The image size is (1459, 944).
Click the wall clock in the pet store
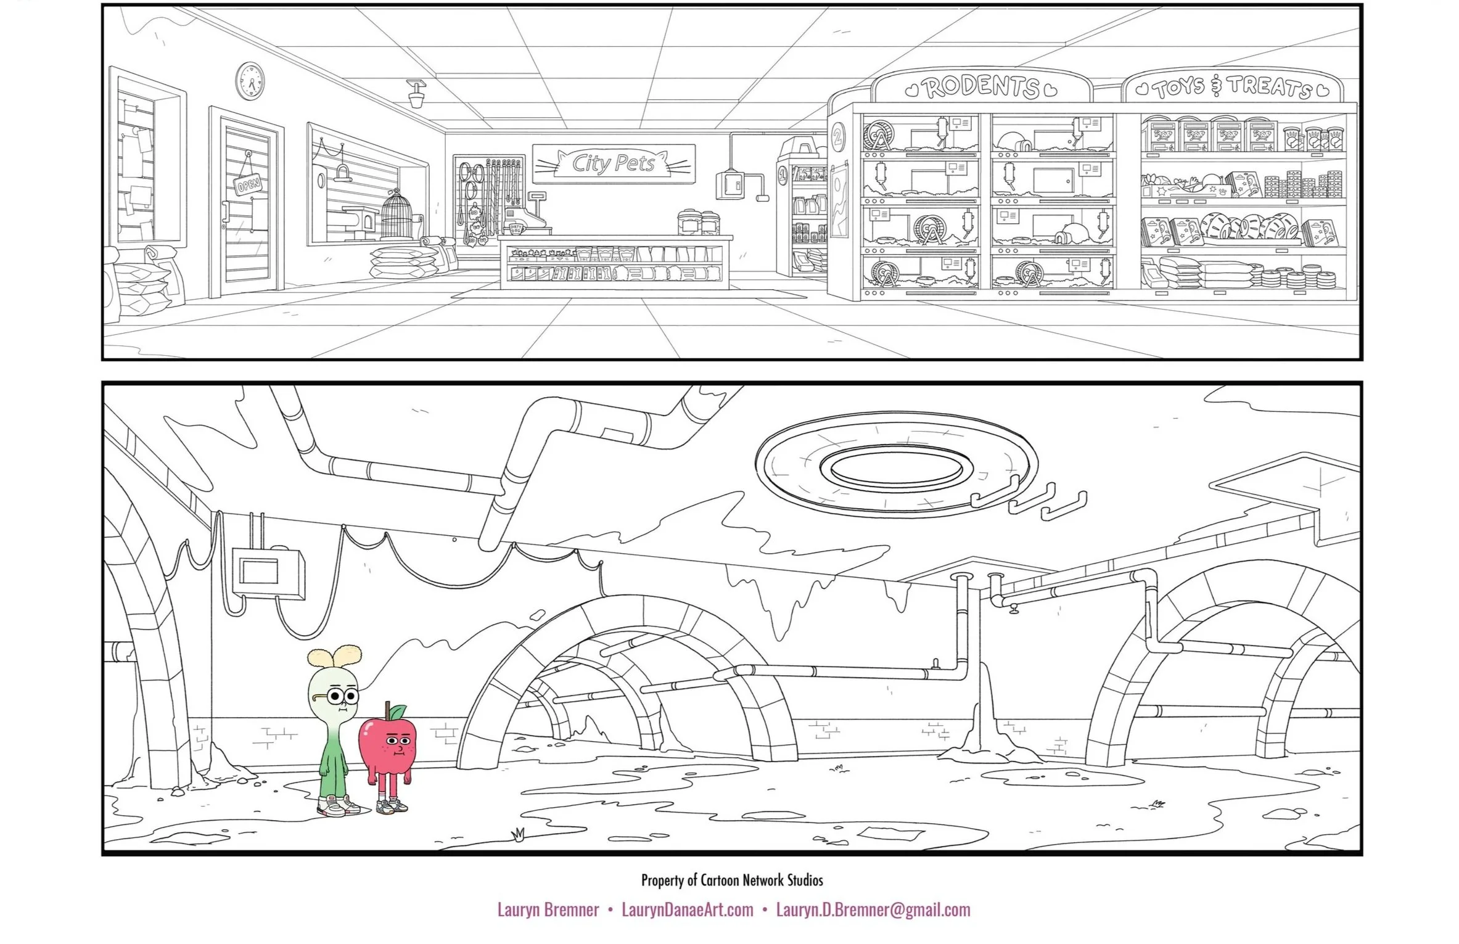[250, 80]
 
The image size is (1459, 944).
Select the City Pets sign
[614, 163]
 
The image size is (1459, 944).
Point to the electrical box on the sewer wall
[269, 573]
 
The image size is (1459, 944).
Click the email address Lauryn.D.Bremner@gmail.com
[873, 910]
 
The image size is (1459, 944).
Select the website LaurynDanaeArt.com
[687, 910]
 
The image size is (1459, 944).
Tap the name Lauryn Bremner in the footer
[548, 910]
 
